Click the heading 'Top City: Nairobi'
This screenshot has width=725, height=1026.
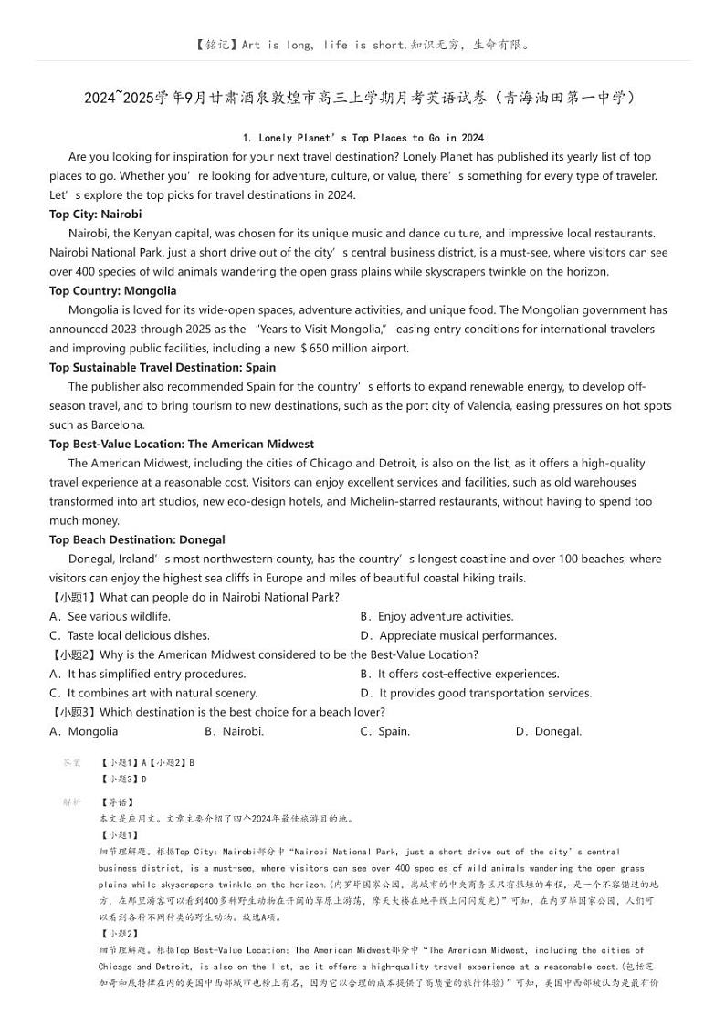pos(96,214)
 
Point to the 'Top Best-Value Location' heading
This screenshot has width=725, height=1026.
pos(182,444)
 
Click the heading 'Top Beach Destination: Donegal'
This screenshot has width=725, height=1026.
pos(137,539)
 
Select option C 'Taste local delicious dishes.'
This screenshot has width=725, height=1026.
pos(130,635)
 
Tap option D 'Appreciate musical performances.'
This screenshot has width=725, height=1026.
pos(458,635)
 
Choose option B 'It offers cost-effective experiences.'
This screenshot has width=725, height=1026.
pos(459,674)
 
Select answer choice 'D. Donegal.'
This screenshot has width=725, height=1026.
pos(548,731)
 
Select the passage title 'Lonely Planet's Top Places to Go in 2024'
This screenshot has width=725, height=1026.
pos(362,138)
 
